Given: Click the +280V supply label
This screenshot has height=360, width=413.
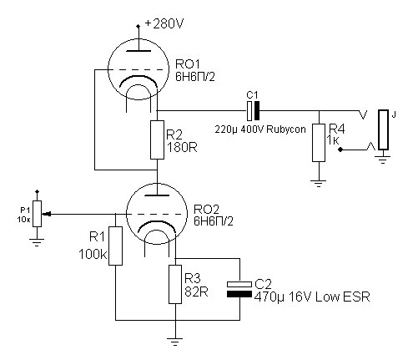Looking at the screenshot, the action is click(x=164, y=24).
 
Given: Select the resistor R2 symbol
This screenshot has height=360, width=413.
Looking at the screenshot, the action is click(x=157, y=139).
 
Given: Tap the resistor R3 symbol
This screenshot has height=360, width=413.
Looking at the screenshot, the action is click(x=175, y=284).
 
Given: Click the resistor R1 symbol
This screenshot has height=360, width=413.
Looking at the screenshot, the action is click(x=115, y=246).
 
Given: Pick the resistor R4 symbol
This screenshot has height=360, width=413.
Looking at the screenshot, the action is click(x=319, y=143).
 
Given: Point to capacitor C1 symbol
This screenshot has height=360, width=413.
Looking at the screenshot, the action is click(x=253, y=110).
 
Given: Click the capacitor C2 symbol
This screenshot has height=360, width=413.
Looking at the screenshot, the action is click(x=239, y=289).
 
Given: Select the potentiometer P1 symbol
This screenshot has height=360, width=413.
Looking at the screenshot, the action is click(x=37, y=214).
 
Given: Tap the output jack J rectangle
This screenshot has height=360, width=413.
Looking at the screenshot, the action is click(x=383, y=129).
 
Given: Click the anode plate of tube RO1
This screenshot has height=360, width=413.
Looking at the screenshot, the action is click(x=139, y=51).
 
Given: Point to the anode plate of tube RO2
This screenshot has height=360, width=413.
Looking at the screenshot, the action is click(x=157, y=195).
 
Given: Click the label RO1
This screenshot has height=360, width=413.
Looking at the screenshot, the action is click(x=188, y=64).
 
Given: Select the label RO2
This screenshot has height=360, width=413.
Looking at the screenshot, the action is click(x=206, y=209).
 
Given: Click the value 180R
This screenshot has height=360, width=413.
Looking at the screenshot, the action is click(x=182, y=148).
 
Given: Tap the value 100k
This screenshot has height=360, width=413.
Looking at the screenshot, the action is click(x=93, y=255).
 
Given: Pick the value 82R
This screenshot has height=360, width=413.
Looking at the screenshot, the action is click(x=196, y=292).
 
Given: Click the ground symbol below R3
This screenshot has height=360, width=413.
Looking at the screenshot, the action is click(x=175, y=342).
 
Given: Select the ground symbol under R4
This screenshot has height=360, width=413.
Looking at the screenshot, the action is click(x=319, y=184).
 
